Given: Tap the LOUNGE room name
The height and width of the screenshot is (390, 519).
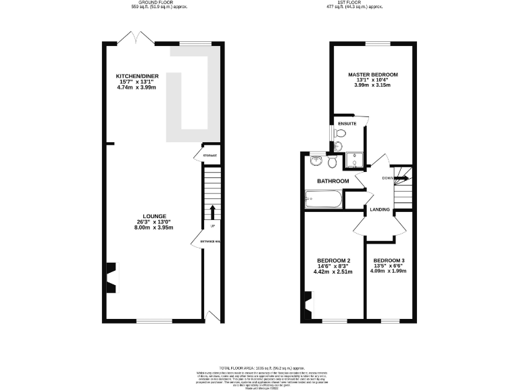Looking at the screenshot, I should pos(153,216).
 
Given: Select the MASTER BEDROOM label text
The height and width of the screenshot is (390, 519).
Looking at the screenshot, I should pos(373,74).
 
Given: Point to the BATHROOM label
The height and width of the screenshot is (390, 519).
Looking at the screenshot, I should pos(333,181).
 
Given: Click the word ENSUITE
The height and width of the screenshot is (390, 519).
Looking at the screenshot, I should pos(347,124).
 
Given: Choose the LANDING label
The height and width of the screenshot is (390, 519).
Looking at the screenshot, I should pos(380,210).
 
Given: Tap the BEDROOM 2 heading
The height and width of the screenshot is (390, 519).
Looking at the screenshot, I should pos(334,261).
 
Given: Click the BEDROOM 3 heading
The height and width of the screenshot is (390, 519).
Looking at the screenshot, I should pos(389,261).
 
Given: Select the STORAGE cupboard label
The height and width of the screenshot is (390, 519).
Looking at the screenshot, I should pos(209,156).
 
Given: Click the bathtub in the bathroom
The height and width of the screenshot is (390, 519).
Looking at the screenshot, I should pos(323,200).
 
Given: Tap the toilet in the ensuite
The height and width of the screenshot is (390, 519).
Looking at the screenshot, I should pos(340,135).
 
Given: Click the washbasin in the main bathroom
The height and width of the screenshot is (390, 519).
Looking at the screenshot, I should pos(315,162).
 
